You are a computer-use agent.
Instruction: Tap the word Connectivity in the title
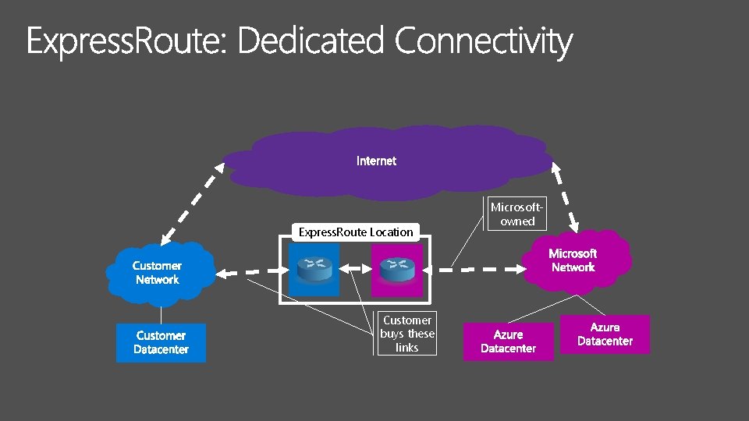click(x=483, y=42)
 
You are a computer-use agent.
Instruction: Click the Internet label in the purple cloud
click(x=376, y=161)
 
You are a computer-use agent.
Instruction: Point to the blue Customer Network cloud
click(x=158, y=273)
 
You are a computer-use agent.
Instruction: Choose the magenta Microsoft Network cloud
click(x=573, y=260)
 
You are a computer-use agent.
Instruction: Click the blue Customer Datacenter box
click(x=161, y=342)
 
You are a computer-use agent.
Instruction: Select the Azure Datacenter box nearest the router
click(x=508, y=341)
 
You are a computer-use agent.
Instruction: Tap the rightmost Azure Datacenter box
click(x=605, y=334)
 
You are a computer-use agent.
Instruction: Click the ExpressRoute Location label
click(x=356, y=232)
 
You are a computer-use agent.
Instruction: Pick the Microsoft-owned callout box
click(x=517, y=214)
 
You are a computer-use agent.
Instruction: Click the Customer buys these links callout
click(x=406, y=334)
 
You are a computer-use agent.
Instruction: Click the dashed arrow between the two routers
click(x=356, y=270)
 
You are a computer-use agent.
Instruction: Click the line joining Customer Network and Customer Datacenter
click(x=161, y=313)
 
